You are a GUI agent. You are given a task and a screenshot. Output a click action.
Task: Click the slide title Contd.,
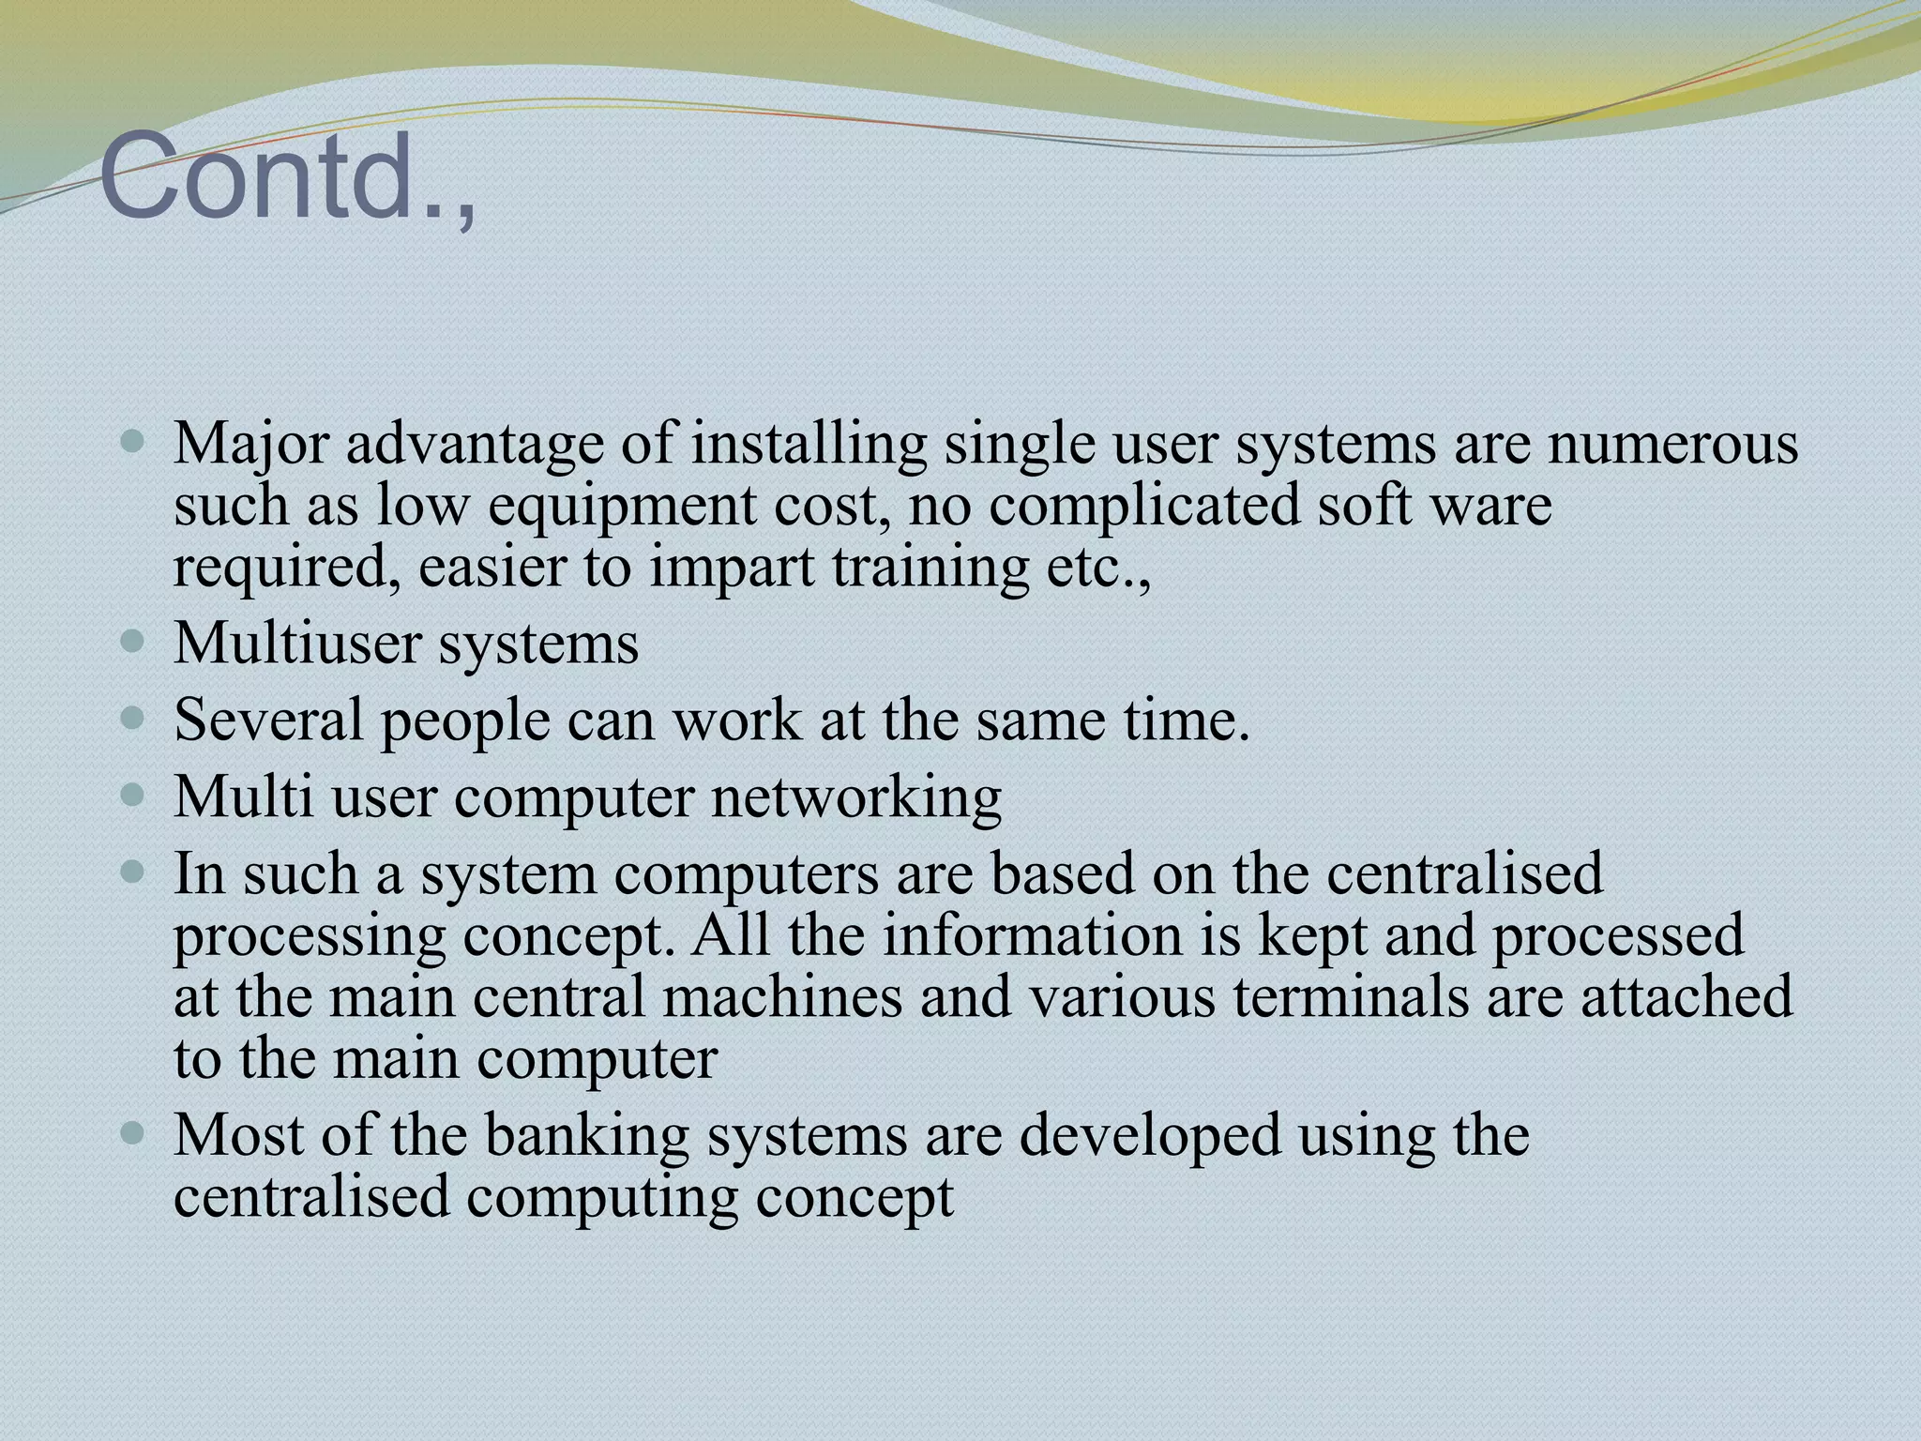[x=287, y=178]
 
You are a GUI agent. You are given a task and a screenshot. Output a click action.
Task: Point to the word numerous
[x=1673, y=444]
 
